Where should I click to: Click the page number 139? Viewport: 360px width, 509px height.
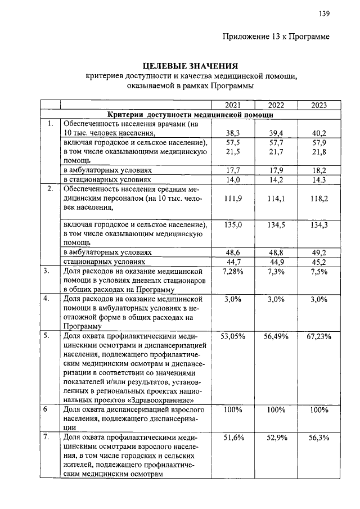(x=323, y=13)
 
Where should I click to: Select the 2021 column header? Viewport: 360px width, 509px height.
(x=233, y=105)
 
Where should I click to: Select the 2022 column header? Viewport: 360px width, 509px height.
(x=276, y=105)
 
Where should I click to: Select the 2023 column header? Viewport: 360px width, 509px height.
(x=319, y=105)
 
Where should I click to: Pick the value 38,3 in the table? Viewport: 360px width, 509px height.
(x=233, y=133)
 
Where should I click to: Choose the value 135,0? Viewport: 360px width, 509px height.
(x=233, y=225)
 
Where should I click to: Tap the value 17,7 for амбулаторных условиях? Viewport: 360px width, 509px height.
(x=233, y=169)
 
